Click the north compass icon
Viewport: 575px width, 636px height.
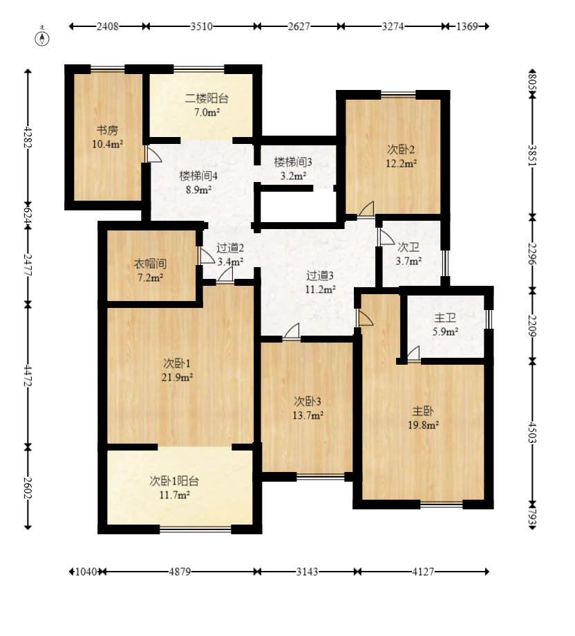[42, 38]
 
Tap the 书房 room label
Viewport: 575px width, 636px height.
[107, 130]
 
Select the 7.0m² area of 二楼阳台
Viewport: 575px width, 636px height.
[207, 112]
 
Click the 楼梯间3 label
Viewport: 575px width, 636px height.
[293, 162]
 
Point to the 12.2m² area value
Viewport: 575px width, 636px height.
[402, 163]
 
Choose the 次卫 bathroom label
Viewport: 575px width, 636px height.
[408, 247]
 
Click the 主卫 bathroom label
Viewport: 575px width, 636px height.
[445, 318]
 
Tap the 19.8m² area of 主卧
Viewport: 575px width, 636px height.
[424, 425]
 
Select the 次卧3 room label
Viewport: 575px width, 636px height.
[308, 401]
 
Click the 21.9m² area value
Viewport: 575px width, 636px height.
[177, 377]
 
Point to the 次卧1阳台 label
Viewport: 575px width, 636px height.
[174, 481]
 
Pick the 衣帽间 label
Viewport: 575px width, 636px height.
[150, 264]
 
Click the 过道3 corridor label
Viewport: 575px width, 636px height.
[320, 276]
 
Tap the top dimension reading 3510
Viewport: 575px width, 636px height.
[202, 26]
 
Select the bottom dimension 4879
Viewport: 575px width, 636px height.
[180, 572]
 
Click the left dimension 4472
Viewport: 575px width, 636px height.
[28, 375]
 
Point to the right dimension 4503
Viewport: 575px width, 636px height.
[532, 433]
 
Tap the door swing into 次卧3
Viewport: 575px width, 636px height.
[292, 330]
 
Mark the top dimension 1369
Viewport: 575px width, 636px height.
[467, 26]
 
